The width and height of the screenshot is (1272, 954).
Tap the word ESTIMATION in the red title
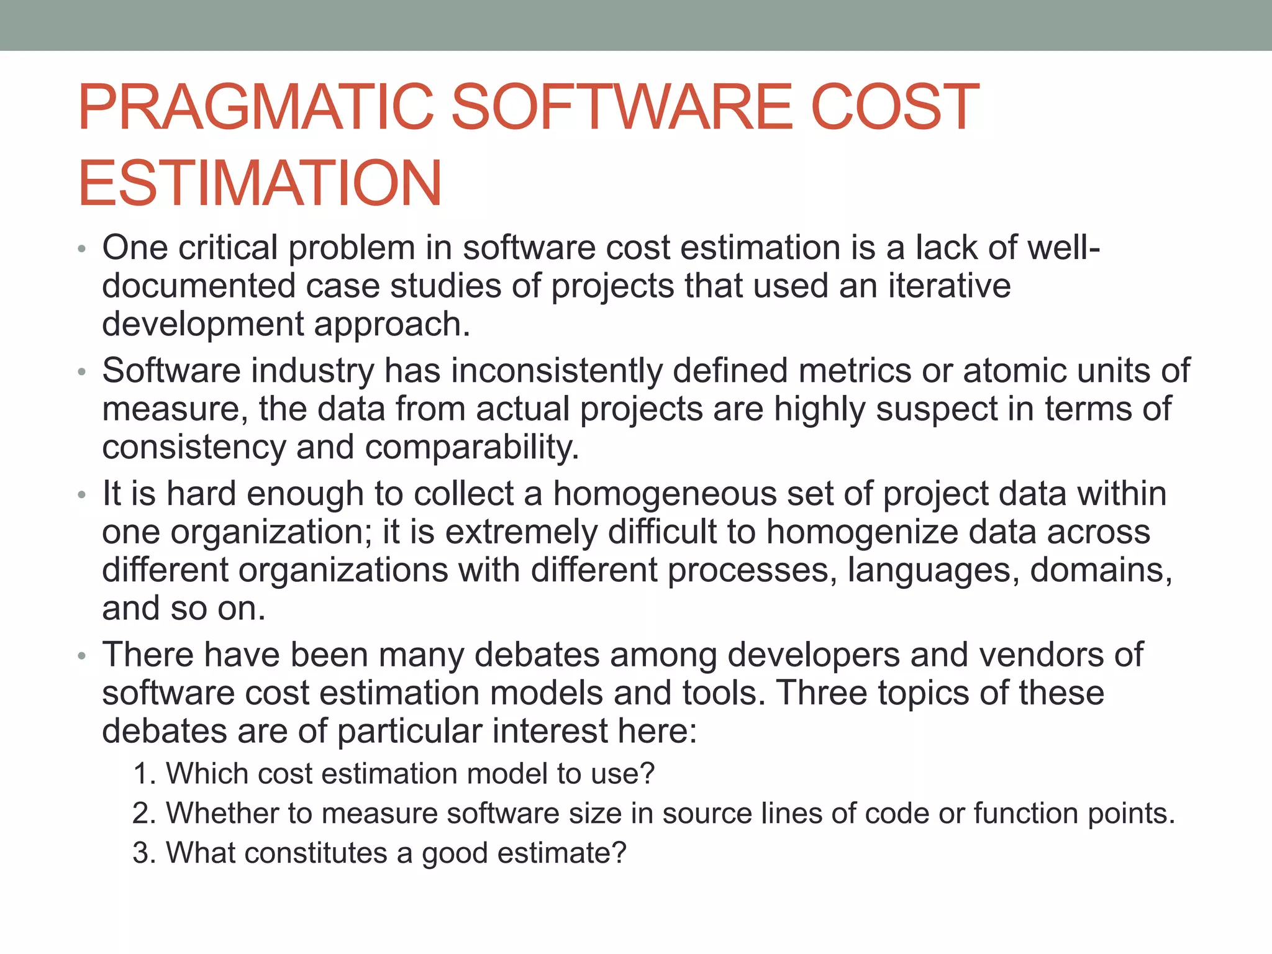pos(260,184)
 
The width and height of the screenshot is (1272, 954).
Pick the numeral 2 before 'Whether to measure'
pos(141,814)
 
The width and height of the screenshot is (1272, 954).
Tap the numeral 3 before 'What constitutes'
pos(141,853)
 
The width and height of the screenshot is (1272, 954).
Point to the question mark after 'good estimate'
pos(619,853)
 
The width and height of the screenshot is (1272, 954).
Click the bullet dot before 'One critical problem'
pos(81,250)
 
